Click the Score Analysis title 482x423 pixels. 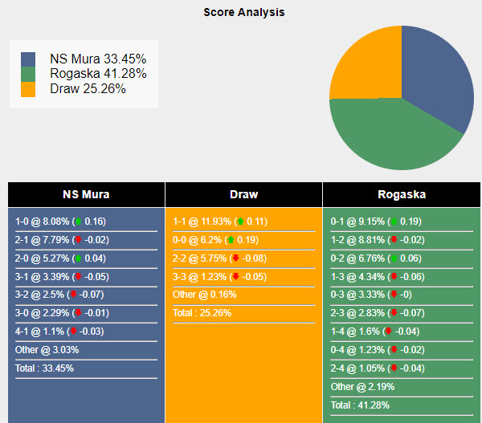pos(243,13)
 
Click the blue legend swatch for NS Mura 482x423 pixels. pos(28,59)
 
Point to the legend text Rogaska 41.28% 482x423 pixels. pos(98,74)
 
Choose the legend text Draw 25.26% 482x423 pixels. pos(88,89)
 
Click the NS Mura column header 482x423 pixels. pos(86,194)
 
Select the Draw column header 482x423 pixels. pos(243,194)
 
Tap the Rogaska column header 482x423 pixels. pos(402,194)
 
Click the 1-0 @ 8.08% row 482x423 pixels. pos(61,222)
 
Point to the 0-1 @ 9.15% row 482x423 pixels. pos(376,222)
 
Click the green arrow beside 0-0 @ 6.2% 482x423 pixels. pos(231,239)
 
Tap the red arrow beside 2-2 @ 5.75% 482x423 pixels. pos(235,258)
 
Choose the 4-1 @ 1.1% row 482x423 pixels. pos(59,331)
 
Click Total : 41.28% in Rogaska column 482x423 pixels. pos(363,405)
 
